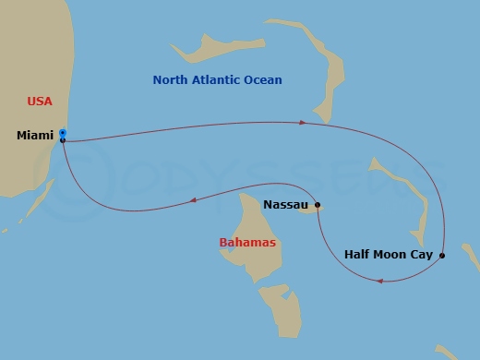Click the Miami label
click(x=34, y=136)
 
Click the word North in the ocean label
click(x=171, y=80)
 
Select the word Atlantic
click(x=218, y=80)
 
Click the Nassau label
click(x=286, y=204)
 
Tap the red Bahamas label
click(x=247, y=243)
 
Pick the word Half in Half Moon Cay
click(x=359, y=254)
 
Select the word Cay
click(x=423, y=254)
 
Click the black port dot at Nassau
click(x=318, y=205)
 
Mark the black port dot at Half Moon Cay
click(x=442, y=255)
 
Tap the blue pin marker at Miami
click(x=62, y=133)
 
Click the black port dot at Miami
click(x=62, y=140)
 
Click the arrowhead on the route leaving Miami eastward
click(x=303, y=122)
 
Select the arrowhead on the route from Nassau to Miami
click(x=192, y=199)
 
